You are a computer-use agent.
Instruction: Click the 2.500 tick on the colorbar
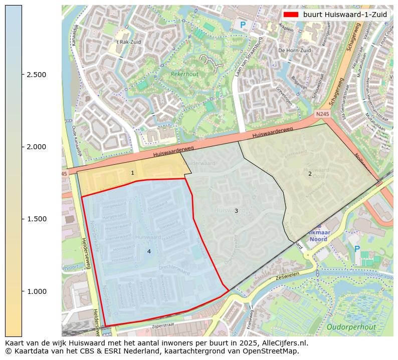36,75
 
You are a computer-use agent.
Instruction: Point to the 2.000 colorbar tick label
36,147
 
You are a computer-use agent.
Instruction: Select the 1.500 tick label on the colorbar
36,219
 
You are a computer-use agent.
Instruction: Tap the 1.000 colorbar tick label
36,291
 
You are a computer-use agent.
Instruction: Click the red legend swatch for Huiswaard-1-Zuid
291,15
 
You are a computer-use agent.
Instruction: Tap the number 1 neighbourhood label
132,173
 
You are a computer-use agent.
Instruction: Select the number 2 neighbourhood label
310,174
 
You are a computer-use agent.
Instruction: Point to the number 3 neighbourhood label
236,211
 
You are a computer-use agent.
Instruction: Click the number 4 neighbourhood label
149,251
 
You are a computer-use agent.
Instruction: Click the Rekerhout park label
184,74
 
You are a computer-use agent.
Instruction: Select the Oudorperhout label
351,327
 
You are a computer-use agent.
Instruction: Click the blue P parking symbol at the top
243,25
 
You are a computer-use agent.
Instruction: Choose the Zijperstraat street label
165,326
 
